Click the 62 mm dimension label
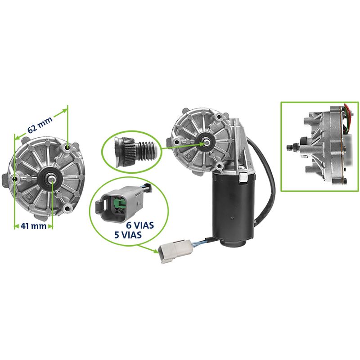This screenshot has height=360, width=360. (40, 125)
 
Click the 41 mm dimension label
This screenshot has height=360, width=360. (33, 226)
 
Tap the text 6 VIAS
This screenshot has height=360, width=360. (140, 225)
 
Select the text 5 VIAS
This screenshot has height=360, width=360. (128, 235)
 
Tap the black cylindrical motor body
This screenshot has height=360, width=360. (233, 209)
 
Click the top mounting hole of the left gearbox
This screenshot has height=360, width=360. (68, 147)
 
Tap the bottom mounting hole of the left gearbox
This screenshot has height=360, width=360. (67, 208)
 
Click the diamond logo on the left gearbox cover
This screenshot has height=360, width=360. (27, 196)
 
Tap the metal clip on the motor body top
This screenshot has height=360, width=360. (243, 177)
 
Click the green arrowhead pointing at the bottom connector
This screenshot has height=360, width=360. (156, 251)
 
